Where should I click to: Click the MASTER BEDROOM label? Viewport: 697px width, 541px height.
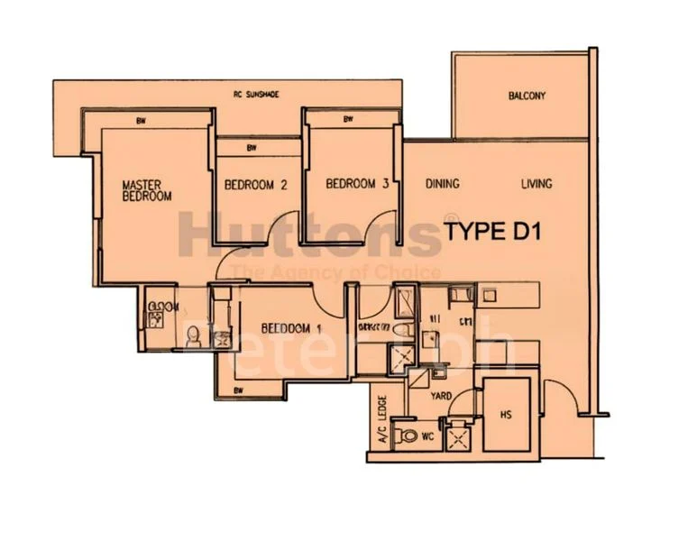[x=147, y=190]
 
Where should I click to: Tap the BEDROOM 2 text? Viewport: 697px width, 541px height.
[x=255, y=186]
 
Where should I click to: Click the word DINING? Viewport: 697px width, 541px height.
[x=442, y=184]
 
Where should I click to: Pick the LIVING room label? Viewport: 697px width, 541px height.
[x=537, y=184]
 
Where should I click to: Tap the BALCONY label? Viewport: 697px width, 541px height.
[x=527, y=96]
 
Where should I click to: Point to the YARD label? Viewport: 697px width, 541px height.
[x=440, y=395]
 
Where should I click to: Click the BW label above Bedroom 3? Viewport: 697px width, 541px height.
[x=347, y=118]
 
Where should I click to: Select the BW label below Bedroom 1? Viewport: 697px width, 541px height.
[x=239, y=390]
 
